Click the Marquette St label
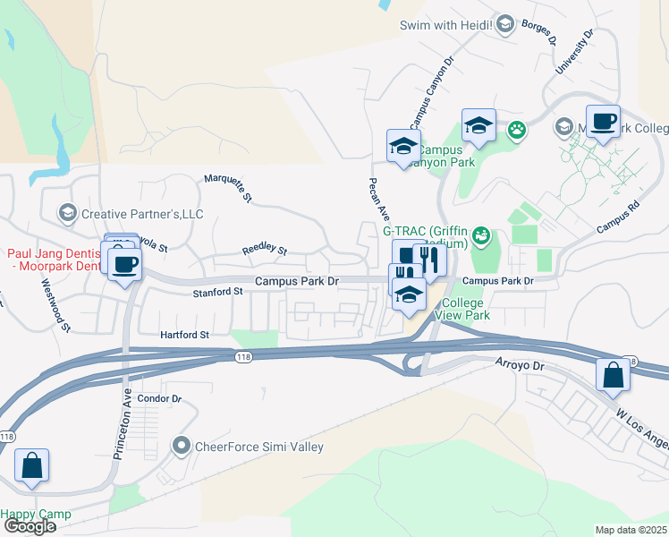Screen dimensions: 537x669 coord(229,188)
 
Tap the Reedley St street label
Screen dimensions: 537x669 coord(264,251)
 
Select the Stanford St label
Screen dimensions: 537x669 coord(217,292)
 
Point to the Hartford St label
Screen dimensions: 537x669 coord(183,335)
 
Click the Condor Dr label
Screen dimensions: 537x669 coord(160,398)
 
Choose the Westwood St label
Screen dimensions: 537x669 coord(55,304)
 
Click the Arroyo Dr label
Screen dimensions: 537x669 coord(520,365)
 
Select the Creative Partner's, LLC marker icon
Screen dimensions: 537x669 coord(67,213)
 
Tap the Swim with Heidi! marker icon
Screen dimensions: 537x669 coord(505,24)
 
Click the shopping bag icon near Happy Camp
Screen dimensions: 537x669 coord(31,465)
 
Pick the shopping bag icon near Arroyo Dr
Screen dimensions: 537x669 coord(614,374)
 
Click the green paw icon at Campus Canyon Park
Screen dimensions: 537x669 coord(517,132)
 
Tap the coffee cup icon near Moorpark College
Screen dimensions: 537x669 coord(603,122)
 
